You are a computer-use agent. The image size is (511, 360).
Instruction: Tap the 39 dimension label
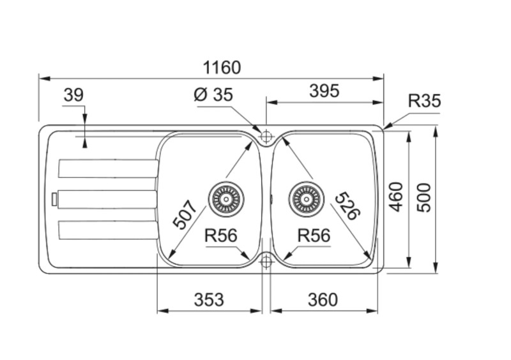pyautogui.click(x=73, y=96)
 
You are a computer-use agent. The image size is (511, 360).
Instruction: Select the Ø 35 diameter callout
pyautogui.click(x=213, y=95)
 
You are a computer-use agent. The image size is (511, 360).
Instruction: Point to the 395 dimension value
pyautogui.click(x=324, y=91)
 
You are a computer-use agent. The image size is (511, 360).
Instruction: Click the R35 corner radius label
pyautogui.click(x=424, y=101)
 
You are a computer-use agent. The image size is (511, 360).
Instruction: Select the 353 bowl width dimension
pyautogui.click(x=209, y=299)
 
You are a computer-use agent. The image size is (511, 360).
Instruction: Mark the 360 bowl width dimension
pyautogui.click(x=323, y=299)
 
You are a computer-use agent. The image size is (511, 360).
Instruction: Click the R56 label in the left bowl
pyautogui.click(x=221, y=236)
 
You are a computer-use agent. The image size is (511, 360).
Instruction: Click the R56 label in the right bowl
pyautogui.click(x=314, y=236)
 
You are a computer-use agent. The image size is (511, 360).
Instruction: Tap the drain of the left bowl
pyautogui.click(x=225, y=199)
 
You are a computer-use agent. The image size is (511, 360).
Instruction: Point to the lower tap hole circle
pyautogui.click(x=266, y=260)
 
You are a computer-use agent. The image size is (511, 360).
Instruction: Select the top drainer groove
pyautogui.click(x=107, y=169)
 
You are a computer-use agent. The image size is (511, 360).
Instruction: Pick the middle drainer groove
pyautogui.click(x=107, y=199)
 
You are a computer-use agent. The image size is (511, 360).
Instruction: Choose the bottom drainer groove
pyautogui.click(x=107, y=229)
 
